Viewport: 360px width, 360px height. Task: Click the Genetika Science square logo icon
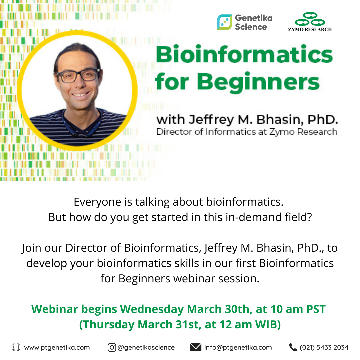click(x=225, y=22)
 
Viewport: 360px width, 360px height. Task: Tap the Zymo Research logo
click(x=310, y=22)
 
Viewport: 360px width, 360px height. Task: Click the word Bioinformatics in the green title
click(x=244, y=54)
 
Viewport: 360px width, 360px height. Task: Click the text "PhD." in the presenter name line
click(x=323, y=120)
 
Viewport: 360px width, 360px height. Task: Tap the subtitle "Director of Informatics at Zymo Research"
click(x=247, y=132)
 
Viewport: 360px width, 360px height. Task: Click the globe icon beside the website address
click(x=16, y=347)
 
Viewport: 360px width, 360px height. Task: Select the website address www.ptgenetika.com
click(x=57, y=347)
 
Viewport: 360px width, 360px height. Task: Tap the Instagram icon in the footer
click(x=112, y=347)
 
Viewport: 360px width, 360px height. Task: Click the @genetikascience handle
click(x=146, y=347)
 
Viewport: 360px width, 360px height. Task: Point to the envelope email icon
click(x=196, y=347)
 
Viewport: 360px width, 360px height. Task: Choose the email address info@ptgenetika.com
click(x=238, y=347)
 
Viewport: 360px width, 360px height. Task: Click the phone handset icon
click(x=293, y=347)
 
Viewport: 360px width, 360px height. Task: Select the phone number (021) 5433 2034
click(x=324, y=347)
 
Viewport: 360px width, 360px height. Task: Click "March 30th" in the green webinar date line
click(x=218, y=309)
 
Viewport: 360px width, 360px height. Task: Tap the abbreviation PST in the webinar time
click(x=316, y=309)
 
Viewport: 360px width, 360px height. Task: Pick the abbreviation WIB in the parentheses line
click(x=266, y=324)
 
